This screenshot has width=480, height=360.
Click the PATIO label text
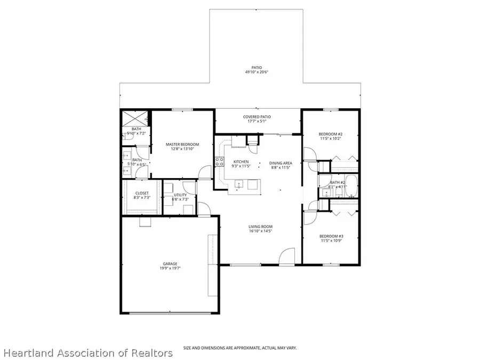tap(257, 68)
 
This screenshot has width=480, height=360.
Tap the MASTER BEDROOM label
tap(182, 145)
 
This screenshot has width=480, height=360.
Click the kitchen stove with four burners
tap(219, 162)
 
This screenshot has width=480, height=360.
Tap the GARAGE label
tap(170, 263)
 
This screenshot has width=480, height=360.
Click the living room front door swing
tap(287, 255)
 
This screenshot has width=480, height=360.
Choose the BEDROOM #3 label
tap(331, 236)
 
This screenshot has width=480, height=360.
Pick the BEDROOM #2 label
tap(331, 134)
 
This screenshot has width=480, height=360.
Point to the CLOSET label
tap(141, 193)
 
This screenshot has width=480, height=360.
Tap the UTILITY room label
tap(180, 195)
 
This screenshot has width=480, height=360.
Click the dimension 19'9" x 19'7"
tap(170, 269)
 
